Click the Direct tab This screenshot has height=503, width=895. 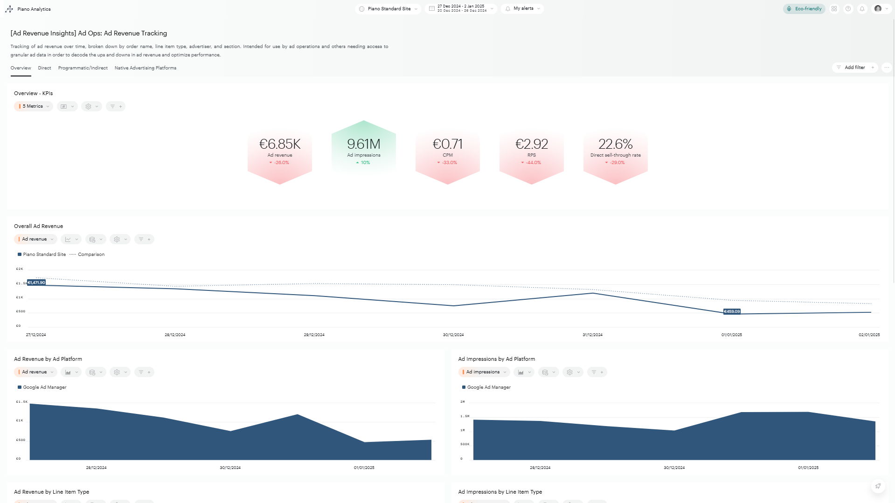(x=44, y=68)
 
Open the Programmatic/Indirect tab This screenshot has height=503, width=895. (x=83, y=68)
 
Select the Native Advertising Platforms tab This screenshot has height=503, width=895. (x=145, y=68)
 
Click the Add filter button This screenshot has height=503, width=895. (x=854, y=68)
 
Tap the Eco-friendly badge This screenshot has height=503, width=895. (x=804, y=9)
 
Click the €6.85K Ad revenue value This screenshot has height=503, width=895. (x=280, y=144)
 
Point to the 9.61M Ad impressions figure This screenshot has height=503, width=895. (x=364, y=144)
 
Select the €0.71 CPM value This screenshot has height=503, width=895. (x=448, y=144)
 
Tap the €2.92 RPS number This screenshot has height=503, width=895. (x=532, y=144)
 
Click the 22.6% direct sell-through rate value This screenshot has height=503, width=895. (x=616, y=144)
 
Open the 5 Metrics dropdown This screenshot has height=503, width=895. (x=34, y=106)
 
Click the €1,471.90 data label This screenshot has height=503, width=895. (x=36, y=283)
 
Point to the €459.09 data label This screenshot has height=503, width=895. (x=732, y=311)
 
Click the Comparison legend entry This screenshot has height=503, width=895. (x=91, y=255)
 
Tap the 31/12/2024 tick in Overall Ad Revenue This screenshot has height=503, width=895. (x=592, y=335)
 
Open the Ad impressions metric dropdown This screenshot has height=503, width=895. (x=484, y=372)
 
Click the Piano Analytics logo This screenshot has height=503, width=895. (x=9, y=9)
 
